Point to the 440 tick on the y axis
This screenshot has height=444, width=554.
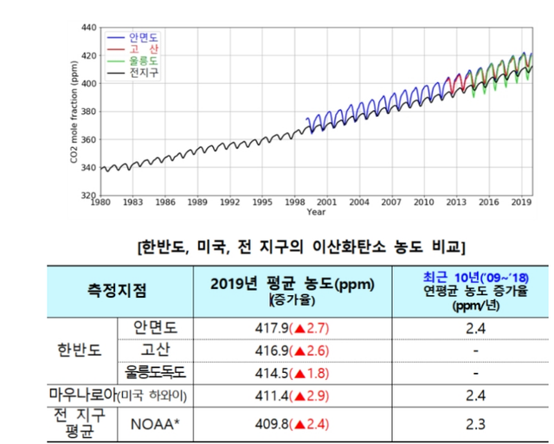coord(87,28)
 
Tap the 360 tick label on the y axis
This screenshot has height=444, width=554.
coord(87,139)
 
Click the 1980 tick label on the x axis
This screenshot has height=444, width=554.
coord(100,202)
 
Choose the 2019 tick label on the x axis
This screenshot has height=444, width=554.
coord(521,202)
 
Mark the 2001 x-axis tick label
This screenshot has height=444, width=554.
coord(326,202)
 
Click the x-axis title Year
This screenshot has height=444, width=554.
coord(316,212)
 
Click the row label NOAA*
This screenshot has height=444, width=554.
coord(159,424)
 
